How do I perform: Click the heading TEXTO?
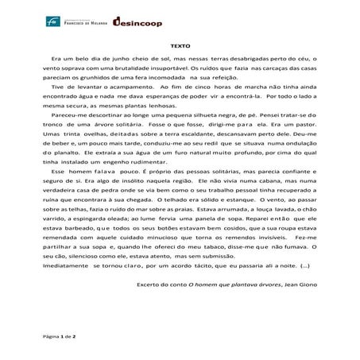tap(180, 46)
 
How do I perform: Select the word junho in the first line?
tap(122, 60)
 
